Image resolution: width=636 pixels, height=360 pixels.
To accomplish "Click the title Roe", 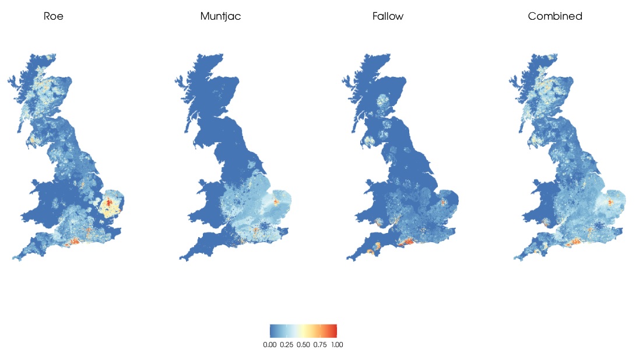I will (54, 16).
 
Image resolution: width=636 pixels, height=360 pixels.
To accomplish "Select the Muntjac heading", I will (220, 16).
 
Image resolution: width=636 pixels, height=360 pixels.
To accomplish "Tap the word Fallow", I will (388, 16).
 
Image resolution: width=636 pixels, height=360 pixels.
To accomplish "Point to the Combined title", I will (555, 16).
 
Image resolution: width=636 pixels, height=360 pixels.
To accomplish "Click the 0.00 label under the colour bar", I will (269, 345).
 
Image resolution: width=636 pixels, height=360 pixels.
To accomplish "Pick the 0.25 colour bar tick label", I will (286, 345).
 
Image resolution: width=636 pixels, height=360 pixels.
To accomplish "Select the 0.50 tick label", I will (303, 345).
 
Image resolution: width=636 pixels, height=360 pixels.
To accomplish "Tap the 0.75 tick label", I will (319, 345).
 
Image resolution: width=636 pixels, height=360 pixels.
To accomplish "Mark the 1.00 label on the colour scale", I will (336, 345).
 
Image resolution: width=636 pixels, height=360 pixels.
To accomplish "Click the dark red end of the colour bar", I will (334, 331).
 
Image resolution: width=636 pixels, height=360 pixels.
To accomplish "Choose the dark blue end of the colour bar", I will (272, 331).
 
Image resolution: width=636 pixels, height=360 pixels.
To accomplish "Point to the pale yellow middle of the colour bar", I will (303, 331).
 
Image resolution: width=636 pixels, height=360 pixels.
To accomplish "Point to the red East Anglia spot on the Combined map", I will (612, 202).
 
